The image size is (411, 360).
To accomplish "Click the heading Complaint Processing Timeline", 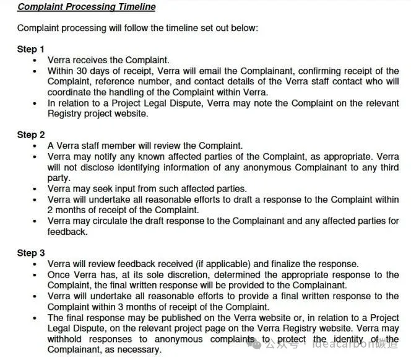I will [x=86, y=7].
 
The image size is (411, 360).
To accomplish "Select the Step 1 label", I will [x=31, y=49].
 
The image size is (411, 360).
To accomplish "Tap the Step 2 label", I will [x=31, y=134].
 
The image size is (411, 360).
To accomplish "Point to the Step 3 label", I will [x=31, y=252].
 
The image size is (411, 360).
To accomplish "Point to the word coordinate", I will [x=68, y=92].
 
